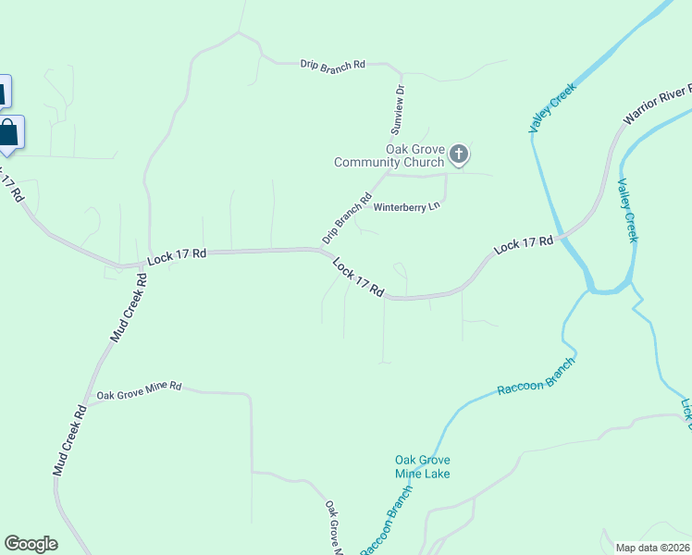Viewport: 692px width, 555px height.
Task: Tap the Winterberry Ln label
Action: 405,207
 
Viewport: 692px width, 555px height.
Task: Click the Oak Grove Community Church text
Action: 389,156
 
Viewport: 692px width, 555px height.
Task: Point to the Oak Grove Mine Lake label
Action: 422,467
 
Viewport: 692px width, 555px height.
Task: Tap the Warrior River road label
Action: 658,105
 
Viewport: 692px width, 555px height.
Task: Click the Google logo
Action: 31,544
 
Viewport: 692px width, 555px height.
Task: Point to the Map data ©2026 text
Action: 653,548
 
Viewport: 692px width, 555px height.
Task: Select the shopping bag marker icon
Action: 8,132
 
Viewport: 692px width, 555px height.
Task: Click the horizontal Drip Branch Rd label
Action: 333,65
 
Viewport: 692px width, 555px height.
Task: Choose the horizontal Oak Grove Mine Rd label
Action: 139,388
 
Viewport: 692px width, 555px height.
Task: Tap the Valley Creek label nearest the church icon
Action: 552,108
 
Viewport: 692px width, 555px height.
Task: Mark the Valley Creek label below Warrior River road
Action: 627,211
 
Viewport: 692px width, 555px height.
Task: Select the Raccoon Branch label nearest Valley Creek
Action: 536,376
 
